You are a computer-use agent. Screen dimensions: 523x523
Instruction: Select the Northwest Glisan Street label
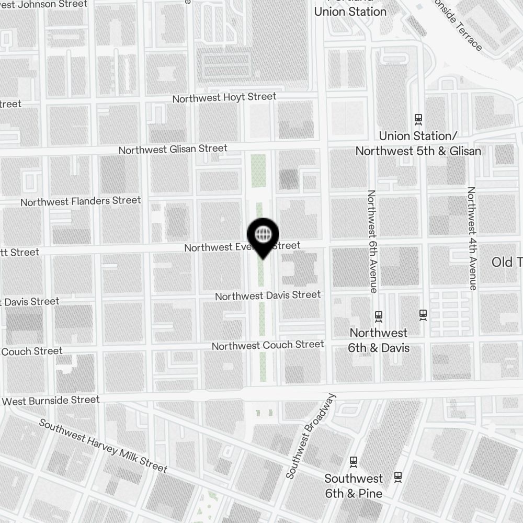click(173, 150)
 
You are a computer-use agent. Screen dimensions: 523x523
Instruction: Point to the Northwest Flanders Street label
click(81, 201)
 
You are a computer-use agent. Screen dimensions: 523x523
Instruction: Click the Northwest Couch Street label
click(268, 346)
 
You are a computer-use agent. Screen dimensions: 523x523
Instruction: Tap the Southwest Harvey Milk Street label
click(103, 446)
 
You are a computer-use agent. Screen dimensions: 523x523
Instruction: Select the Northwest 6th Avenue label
click(372, 241)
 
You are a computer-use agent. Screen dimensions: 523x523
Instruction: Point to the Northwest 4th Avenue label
click(472, 238)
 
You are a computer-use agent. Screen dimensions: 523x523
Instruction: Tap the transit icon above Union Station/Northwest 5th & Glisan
click(418, 119)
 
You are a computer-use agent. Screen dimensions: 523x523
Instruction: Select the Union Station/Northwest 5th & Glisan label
click(418, 143)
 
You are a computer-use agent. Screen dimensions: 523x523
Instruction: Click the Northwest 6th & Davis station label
click(379, 340)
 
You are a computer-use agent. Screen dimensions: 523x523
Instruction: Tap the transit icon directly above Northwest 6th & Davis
click(379, 316)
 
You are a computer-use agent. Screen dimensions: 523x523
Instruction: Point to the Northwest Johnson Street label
click(44, 5)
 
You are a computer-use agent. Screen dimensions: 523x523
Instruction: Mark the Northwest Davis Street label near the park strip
click(268, 295)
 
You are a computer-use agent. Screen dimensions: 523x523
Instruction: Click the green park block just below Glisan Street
click(259, 171)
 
